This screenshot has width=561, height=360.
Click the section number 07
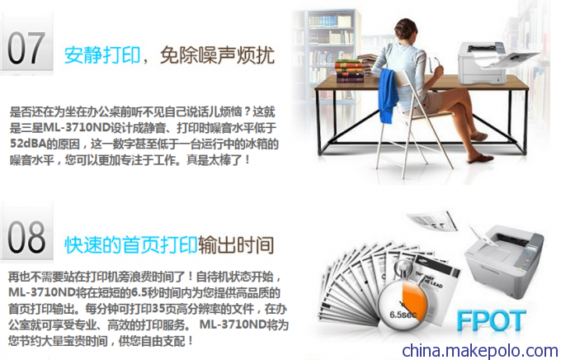tap(26, 48)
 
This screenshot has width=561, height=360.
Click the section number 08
tap(26, 237)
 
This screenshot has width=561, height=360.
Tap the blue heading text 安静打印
tap(102, 55)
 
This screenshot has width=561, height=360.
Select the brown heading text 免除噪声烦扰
tap(217, 55)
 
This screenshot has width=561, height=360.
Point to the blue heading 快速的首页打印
tap(131, 245)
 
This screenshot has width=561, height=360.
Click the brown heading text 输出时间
tap(236, 245)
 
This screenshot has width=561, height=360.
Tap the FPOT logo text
tap(491, 320)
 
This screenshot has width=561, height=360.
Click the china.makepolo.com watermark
tap(479, 350)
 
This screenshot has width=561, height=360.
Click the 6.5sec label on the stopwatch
tap(403, 315)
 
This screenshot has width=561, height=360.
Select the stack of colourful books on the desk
tap(350, 70)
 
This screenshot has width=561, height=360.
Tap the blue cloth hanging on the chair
tap(389, 94)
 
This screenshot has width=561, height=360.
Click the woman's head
tap(406, 30)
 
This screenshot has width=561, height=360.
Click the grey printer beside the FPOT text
tap(504, 261)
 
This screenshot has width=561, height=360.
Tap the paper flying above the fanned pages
tap(432, 220)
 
